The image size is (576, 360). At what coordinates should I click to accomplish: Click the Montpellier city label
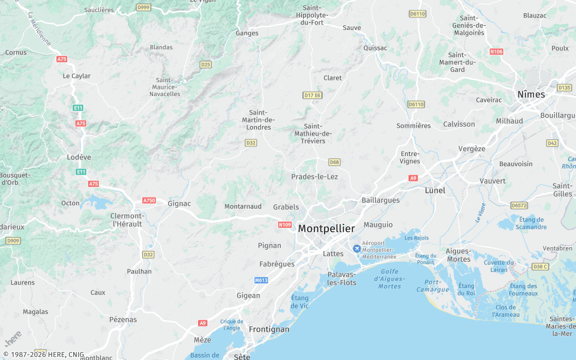[326, 229]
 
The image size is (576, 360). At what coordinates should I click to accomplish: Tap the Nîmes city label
[531, 94]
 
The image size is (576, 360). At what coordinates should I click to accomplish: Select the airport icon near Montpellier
[356, 248]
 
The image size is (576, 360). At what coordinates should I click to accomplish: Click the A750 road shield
[149, 200]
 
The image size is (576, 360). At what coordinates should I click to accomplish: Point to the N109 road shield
[285, 225]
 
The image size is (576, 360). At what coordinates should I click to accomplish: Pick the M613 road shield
[261, 280]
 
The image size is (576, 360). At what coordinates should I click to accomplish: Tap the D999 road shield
[143, 7]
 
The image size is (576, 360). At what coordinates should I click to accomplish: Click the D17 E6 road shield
[313, 95]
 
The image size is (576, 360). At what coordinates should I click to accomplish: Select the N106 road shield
[496, 52]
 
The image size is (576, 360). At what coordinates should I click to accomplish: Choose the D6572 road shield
[519, 205]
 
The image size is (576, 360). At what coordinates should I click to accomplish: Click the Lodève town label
[79, 157]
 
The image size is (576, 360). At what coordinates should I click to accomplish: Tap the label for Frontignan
[269, 329]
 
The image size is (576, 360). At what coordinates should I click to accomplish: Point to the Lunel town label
[435, 190]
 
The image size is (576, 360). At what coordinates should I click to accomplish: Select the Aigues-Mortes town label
[458, 255]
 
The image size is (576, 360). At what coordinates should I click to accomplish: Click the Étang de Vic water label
[299, 302]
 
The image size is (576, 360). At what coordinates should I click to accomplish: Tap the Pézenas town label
[123, 320]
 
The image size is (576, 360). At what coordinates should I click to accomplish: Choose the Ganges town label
[247, 33]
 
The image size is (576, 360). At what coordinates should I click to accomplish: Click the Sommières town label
[413, 126]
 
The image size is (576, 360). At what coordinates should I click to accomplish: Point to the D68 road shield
[334, 162]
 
